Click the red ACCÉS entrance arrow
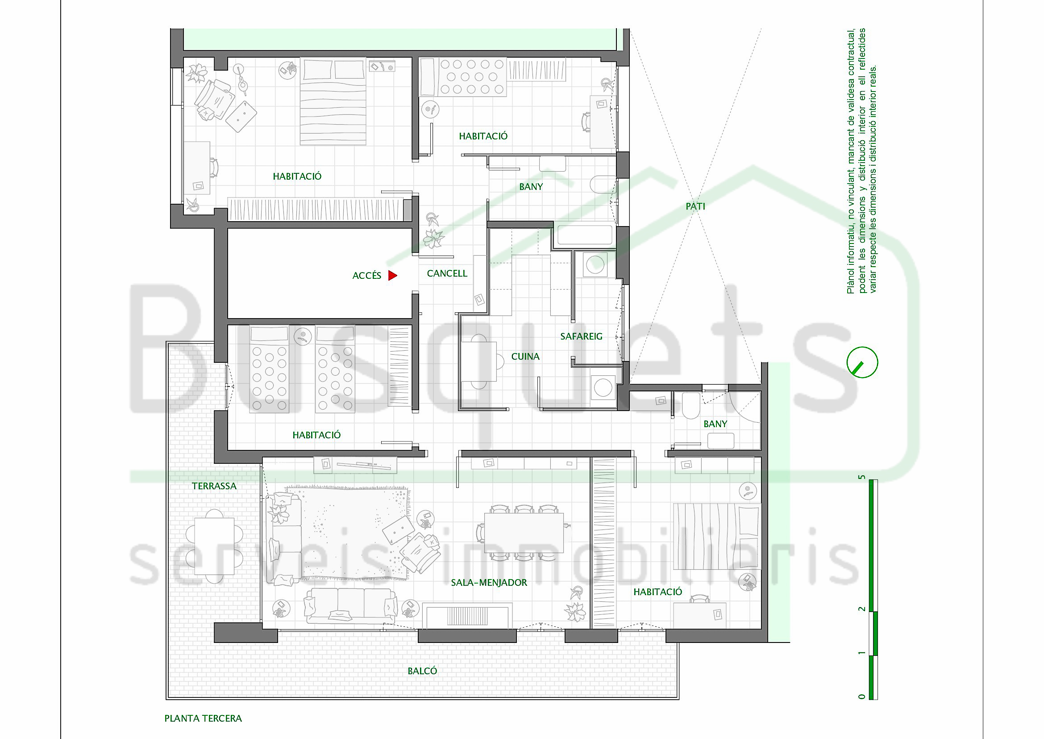coord(392,275)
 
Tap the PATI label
coord(695,206)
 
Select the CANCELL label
coord(447,273)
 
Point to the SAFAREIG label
coord(581,336)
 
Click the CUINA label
coord(525,356)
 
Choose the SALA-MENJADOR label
coord(489,583)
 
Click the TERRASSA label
coord(214,486)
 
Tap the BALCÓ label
coord(422,671)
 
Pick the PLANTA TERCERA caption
coord(203,718)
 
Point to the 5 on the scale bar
coord(861,477)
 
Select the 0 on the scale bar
coord(861,696)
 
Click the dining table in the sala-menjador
coord(524,533)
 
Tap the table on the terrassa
coord(214,546)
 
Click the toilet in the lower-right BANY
coord(690,405)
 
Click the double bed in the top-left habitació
coord(333,101)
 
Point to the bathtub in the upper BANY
coord(585,235)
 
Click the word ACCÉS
coord(367,275)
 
